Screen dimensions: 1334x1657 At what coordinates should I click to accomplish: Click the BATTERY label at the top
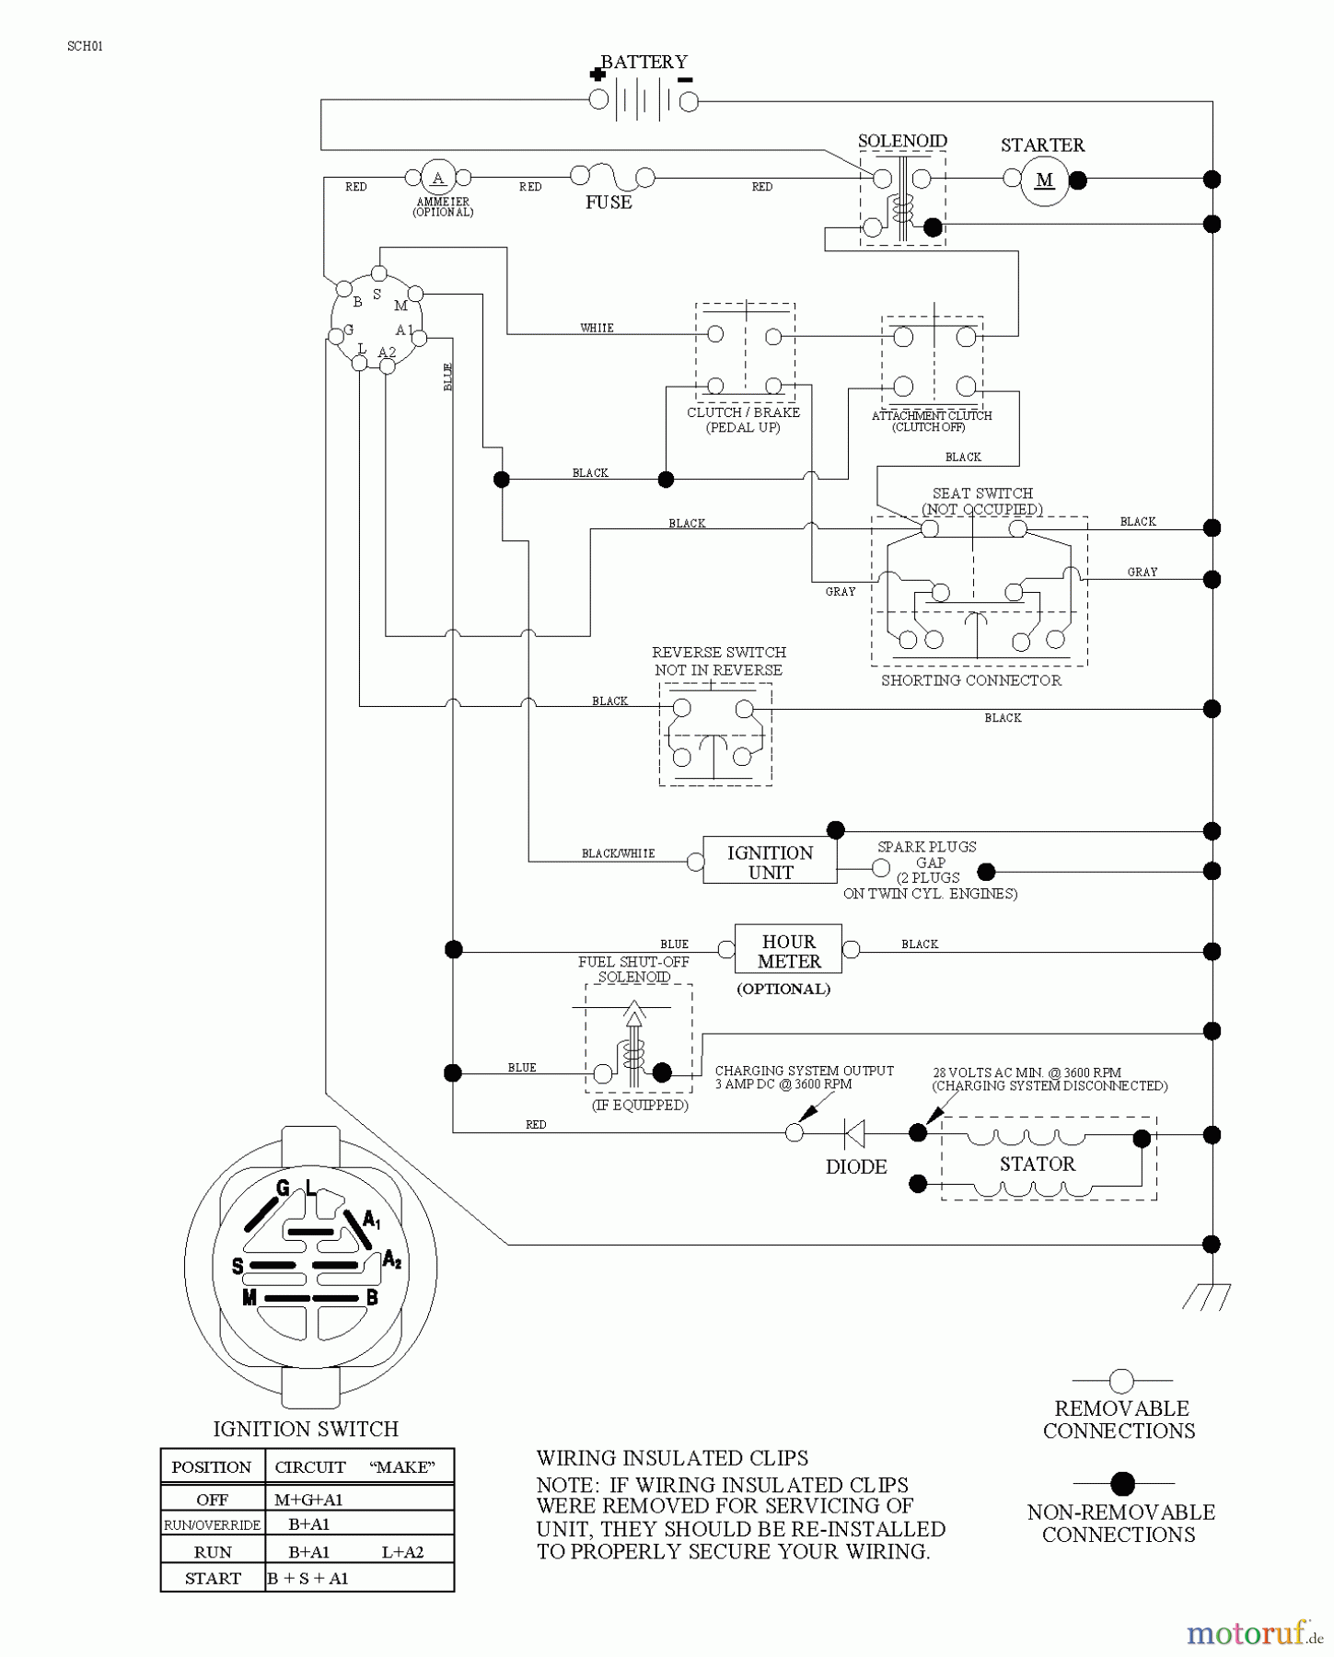tap(644, 62)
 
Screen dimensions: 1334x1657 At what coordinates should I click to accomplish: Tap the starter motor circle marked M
tap(1044, 180)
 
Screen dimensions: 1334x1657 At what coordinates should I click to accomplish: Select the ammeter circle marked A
tap(438, 178)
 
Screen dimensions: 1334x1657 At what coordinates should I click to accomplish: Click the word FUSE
tap(609, 203)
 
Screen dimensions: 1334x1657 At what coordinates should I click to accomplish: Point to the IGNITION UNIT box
tap(770, 862)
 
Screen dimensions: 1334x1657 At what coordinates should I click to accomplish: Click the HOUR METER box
tap(788, 950)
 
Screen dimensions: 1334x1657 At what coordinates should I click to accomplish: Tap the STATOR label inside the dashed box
tap(1038, 1164)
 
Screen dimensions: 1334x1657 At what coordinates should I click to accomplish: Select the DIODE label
tap(856, 1166)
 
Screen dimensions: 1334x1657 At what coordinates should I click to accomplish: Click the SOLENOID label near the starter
tap(902, 141)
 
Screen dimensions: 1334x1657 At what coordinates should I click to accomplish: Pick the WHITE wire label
tap(597, 328)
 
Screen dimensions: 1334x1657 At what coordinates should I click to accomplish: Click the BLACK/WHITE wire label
tap(618, 853)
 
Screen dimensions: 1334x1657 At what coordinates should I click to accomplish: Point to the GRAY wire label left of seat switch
tap(840, 592)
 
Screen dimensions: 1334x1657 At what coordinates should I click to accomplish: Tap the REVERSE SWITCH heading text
tap(718, 652)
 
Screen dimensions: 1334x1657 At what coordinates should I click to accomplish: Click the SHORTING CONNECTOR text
tap(971, 680)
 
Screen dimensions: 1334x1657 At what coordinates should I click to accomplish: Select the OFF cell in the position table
tap(212, 1500)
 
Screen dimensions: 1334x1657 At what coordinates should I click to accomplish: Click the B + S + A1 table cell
tap(307, 1578)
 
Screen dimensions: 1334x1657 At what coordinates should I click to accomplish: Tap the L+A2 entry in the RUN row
tap(402, 1552)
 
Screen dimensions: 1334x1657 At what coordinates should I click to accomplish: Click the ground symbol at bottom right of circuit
tap(1207, 1296)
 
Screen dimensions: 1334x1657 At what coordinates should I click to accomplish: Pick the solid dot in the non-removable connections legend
tap(1122, 1483)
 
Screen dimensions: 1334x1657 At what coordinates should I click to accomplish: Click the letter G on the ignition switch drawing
tap(283, 1188)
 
